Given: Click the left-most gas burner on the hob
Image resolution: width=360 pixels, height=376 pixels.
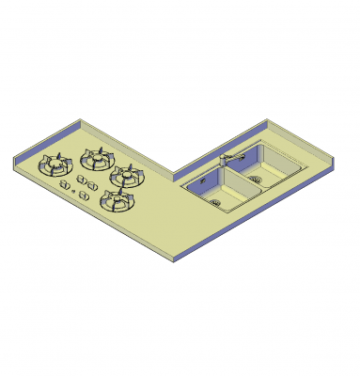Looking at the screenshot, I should click(x=54, y=166).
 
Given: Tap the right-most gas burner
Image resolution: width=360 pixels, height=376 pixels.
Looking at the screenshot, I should click(x=127, y=175).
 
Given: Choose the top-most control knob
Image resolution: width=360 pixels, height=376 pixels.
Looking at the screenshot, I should click(x=82, y=178).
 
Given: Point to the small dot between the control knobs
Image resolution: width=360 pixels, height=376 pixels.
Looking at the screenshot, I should click(x=73, y=192).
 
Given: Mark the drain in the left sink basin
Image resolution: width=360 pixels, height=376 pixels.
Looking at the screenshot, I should click(x=218, y=198).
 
